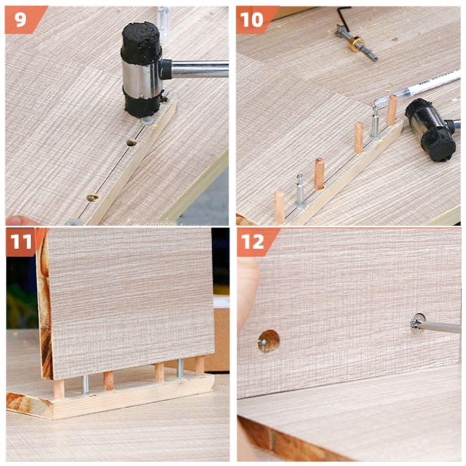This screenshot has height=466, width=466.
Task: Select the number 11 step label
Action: (x=21, y=242)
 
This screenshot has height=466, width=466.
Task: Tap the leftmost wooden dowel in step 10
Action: (x=279, y=206)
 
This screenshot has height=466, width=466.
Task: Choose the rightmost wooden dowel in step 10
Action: (x=392, y=110)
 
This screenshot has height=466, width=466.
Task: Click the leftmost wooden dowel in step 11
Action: (x=59, y=388)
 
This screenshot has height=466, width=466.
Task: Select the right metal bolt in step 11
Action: (x=180, y=368)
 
